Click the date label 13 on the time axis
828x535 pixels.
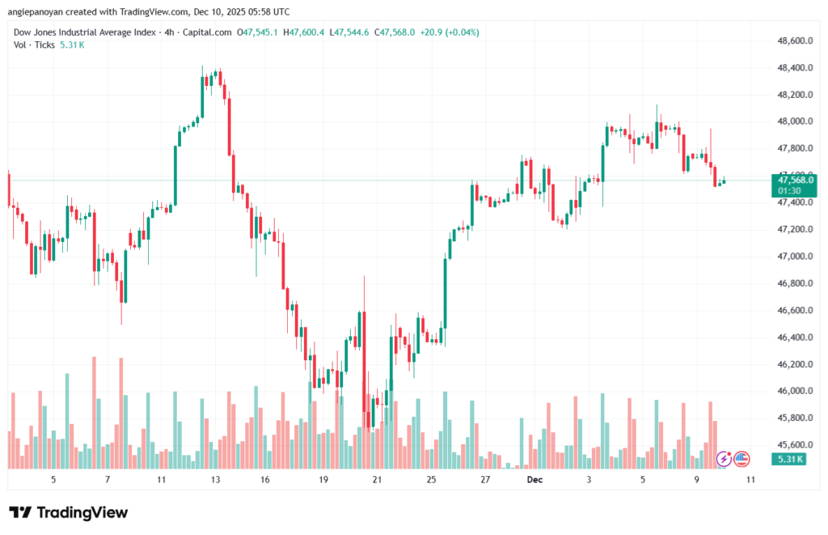(x=216, y=479)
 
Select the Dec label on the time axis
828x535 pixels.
(x=534, y=479)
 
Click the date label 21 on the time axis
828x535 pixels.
(x=377, y=479)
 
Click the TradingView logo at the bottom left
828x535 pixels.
(x=69, y=512)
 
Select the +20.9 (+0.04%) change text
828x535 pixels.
(x=450, y=32)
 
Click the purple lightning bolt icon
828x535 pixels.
(x=724, y=459)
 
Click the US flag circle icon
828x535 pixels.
(x=741, y=459)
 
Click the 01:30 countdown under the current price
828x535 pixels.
(x=789, y=191)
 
